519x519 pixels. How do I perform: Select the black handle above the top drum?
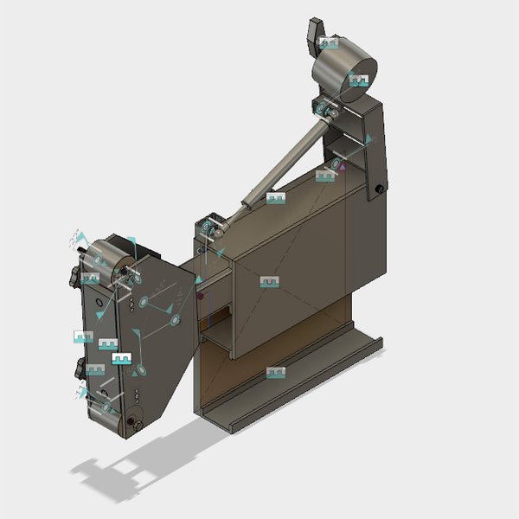(x=313, y=35)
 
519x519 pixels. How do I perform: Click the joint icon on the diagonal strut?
(x=275, y=198)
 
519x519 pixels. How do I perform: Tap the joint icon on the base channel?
(x=276, y=372)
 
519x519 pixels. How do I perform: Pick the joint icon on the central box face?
(x=270, y=281)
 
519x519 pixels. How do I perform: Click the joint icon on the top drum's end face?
(x=358, y=80)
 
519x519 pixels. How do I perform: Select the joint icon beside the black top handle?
(x=328, y=42)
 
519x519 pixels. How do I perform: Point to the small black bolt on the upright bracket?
(x=380, y=189)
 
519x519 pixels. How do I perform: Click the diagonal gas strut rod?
(x=285, y=164)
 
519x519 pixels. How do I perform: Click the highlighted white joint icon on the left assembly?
(x=121, y=357)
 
